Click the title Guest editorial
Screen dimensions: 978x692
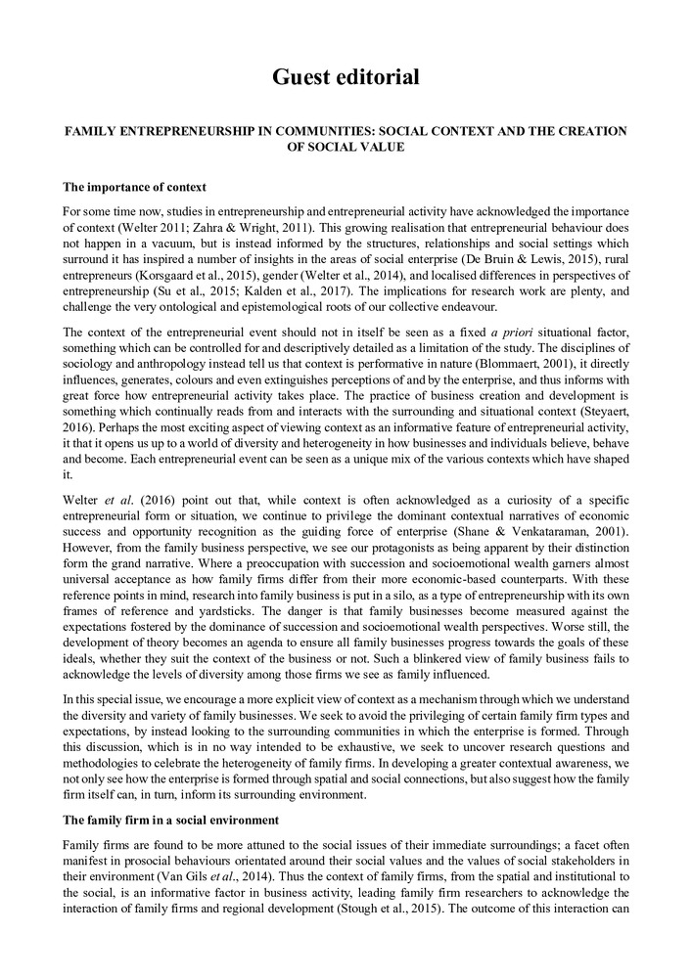tap(346, 76)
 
